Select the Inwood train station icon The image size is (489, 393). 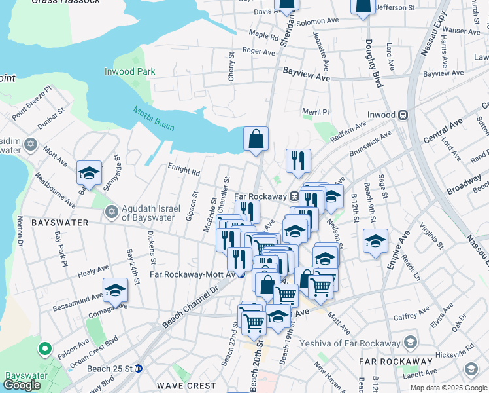403,115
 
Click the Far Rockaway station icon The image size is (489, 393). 295,196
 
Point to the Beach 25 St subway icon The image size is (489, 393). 139,369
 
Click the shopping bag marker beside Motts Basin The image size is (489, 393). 256,140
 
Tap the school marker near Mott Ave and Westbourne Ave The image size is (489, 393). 89,174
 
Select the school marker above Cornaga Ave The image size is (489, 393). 116,290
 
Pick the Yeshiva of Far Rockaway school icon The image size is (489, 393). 411,343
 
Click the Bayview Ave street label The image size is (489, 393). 306,77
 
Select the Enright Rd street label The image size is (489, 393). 184,172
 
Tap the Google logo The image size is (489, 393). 22,385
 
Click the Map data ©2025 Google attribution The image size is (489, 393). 448,388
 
